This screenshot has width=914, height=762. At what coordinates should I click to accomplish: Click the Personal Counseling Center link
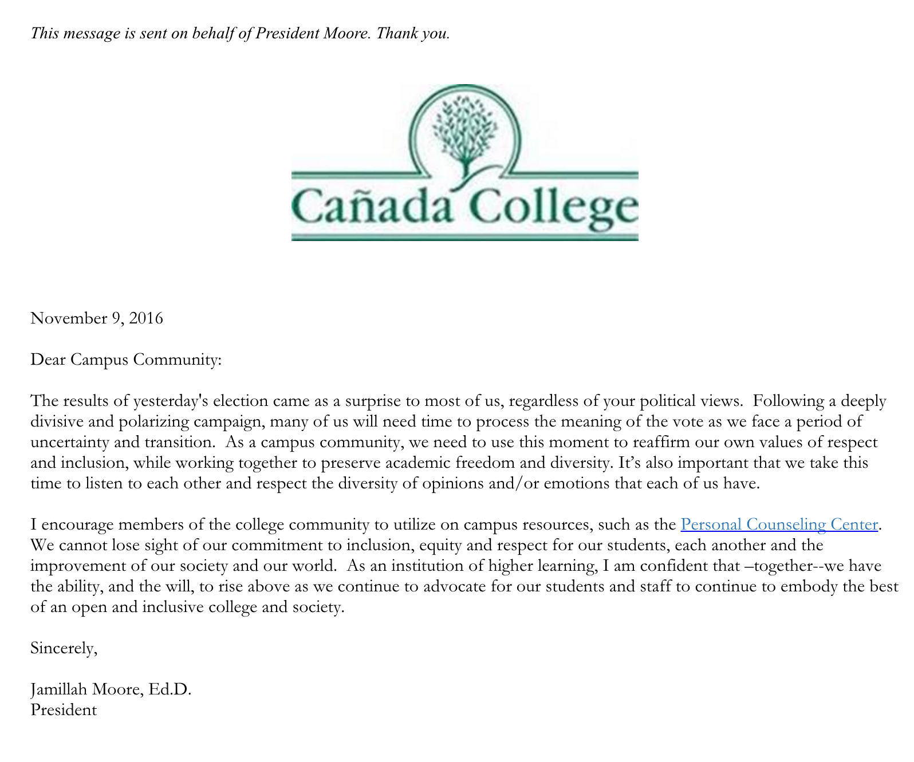tap(779, 524)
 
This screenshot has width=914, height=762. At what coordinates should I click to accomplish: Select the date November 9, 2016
tap(97, 318)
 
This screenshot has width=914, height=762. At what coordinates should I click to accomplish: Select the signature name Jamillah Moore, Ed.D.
tap(111, 689)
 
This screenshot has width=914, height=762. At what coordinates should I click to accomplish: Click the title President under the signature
tap(64, 710)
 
